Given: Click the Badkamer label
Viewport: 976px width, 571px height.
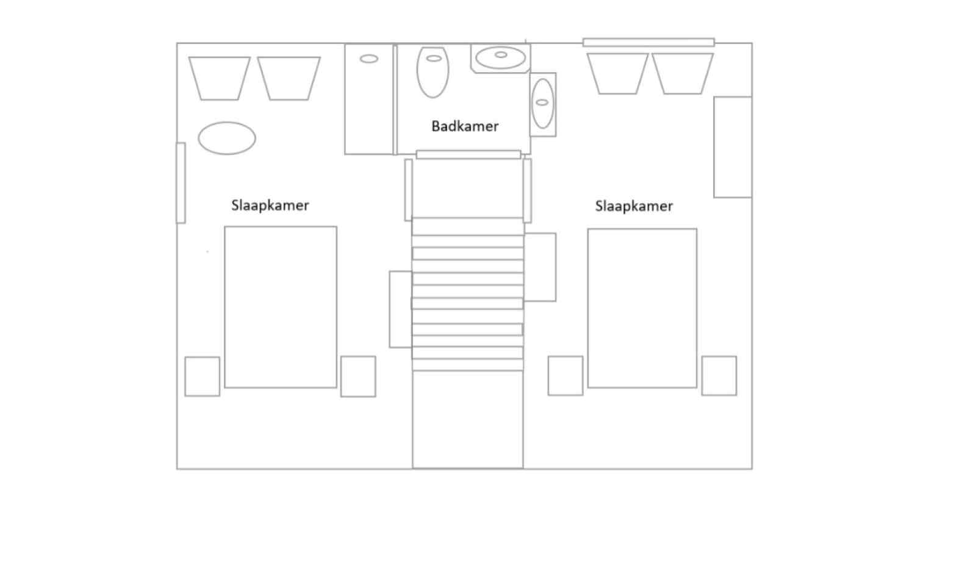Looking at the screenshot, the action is tap(465, 126).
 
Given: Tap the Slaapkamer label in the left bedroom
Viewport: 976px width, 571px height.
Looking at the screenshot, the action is tap(270, 206).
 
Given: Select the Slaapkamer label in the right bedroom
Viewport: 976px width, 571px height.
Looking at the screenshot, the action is tap(634, 206).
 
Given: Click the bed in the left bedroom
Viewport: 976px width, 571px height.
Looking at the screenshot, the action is tap(281, 307).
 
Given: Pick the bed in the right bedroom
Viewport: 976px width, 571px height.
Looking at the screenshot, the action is tap(642, 308).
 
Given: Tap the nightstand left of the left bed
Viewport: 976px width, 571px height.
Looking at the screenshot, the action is tap(202, 376).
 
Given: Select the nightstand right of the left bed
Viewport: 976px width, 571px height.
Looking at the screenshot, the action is tap(358, 376).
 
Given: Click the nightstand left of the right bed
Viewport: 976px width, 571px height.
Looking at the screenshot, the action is tap(565, 376).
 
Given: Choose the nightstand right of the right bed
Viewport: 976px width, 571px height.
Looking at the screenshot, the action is tap(719, 376).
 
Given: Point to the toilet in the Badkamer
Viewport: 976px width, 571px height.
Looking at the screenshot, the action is tap(432, 72).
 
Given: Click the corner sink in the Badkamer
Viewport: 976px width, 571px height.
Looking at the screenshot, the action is tap(501, 58).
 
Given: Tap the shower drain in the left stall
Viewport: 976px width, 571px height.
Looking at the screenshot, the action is tap(369, 59).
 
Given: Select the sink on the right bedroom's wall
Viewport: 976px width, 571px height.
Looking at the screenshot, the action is tap(543, 104).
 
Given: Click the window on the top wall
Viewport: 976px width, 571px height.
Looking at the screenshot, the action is tap(649, 42).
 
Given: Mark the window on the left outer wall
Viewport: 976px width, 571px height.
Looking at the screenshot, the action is tap(181, 183).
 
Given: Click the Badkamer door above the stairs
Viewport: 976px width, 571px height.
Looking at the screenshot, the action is tap(468, 155).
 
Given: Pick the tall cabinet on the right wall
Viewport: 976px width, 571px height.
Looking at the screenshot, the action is tap(733, 148).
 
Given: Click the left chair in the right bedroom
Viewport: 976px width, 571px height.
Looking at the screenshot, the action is tap(618, 73).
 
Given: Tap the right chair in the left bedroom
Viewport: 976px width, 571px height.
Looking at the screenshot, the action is tap(289, 79).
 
